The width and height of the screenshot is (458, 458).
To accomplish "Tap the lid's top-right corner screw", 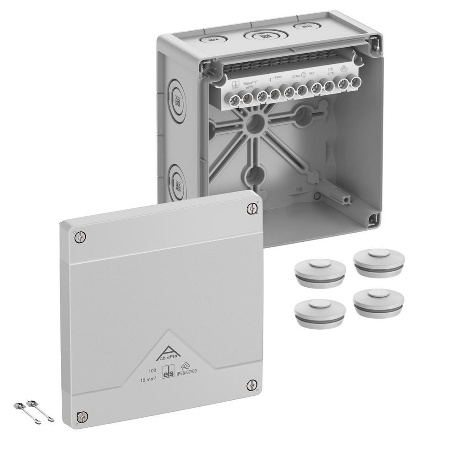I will [252, 208].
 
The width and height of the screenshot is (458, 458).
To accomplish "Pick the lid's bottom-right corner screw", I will [252, 385].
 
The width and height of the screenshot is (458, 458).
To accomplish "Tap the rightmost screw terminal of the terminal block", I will [354, 83].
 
